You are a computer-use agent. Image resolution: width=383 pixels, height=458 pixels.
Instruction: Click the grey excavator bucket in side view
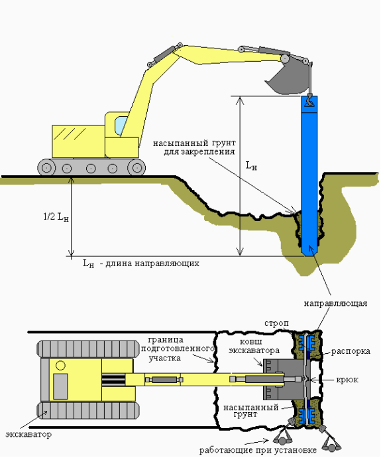click(287, 78)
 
